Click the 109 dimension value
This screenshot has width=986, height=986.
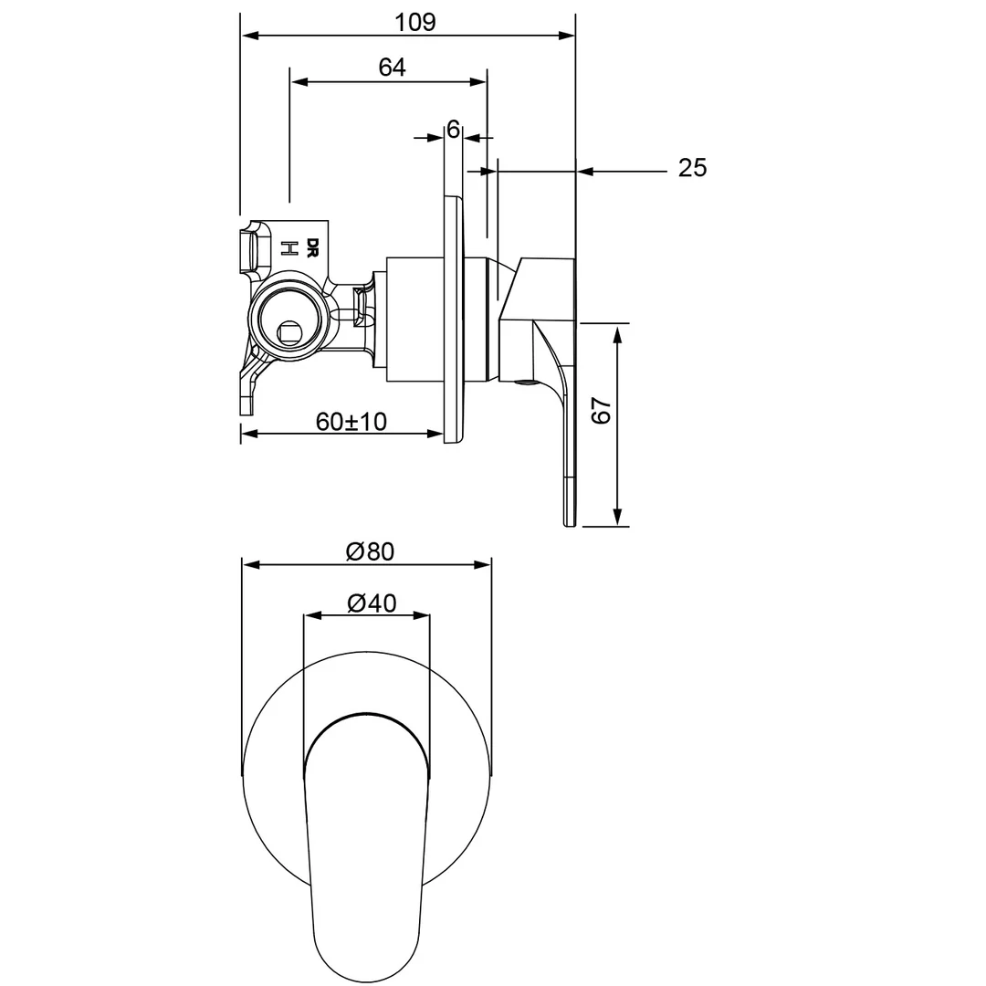pos(416,22)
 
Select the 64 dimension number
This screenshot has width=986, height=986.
pos(392,68)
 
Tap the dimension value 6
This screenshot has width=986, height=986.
pos(453,130)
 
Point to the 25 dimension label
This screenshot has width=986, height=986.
pos(692,168)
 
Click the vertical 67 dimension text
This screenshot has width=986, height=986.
pos(601,412)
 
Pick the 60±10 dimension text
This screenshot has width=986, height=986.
pos(351,421)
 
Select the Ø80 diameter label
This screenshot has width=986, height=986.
pos(370,551)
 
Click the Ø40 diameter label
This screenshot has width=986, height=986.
pos(371,603)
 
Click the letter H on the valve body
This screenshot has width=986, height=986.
pos(288,248)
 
